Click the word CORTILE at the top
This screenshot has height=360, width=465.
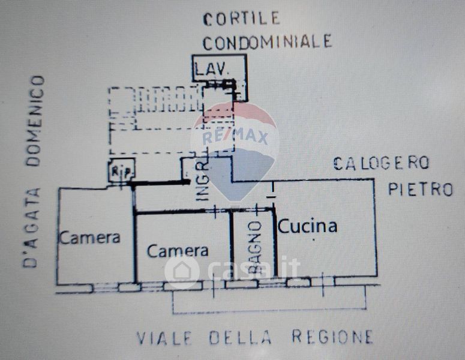(241, 19)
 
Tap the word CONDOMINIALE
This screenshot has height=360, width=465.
(266, 41)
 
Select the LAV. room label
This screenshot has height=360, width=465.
(212, 70)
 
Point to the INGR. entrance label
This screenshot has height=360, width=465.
(203, 181)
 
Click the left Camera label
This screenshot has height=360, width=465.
(89, 238)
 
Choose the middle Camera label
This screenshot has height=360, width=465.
(178, 251)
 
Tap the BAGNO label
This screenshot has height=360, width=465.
(254, 247)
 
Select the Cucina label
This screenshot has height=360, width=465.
(308, 226)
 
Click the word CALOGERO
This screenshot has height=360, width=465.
(381, 163)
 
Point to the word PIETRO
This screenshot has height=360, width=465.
(420, 190)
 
